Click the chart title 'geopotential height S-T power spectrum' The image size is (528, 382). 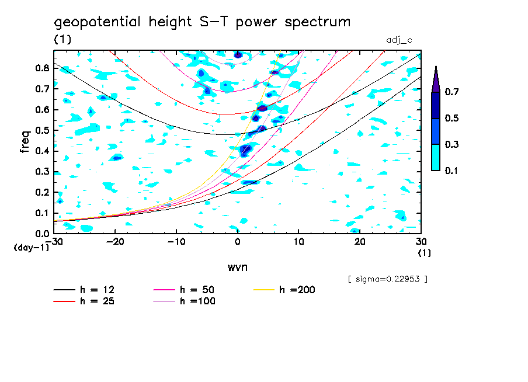(x=202, y=22)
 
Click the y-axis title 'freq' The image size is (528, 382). (x=25, y=141)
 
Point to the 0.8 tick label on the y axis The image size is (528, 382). (x=42, y=68)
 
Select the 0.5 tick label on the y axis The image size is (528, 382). (x=42, y=130)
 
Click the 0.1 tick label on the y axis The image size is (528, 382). (x=42, y=213)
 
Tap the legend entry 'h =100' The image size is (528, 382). (x=197, y=301)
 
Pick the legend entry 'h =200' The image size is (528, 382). (x=297, y=290)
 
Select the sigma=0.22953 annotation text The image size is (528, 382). (x=387, y=279)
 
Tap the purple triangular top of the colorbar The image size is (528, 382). (x=436, y=79)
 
